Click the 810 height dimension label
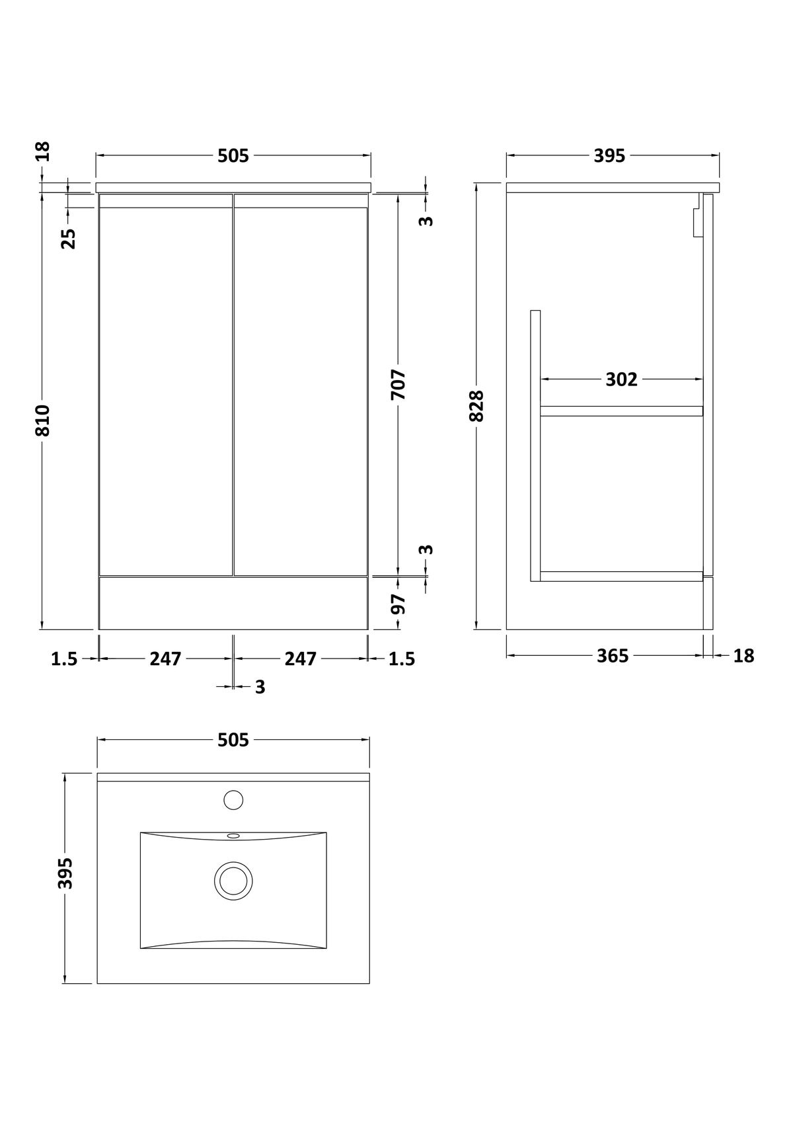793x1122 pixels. (43, 421)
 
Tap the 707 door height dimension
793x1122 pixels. (398, 384)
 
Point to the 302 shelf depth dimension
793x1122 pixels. (621, 380)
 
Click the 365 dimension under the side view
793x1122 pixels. (613, 656)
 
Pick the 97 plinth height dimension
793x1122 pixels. (398, 604)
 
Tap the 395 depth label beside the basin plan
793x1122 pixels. (65, 873)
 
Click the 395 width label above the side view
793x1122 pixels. (609, 156)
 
